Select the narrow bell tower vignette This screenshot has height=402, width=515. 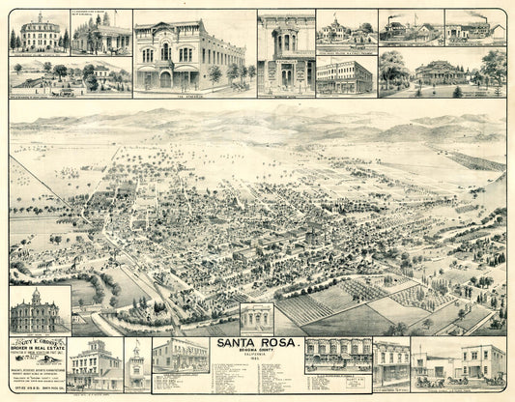tap(136, 366)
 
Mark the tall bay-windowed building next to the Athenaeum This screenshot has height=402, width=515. tap(285, 53)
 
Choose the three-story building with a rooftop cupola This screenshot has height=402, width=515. tap(95, 363)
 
